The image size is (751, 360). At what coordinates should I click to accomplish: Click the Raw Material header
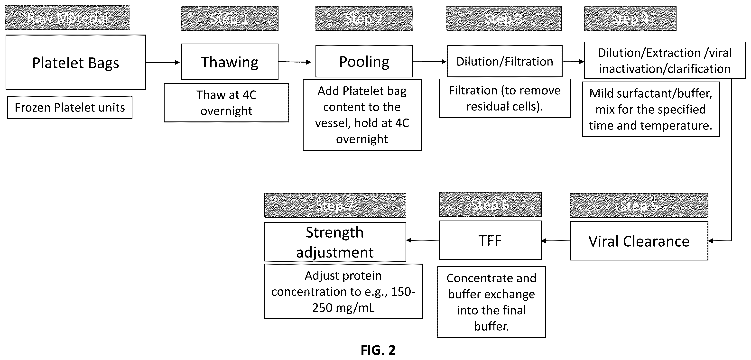click(x=68, y=18)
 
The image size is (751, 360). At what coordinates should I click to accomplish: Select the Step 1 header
click(x=230, y=18)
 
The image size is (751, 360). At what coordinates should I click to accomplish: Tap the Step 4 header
click(x=630, y=18)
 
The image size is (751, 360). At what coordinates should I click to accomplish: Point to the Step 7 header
click(x=335, y=205)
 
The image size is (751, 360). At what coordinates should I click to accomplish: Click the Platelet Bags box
click(x=75, y=62)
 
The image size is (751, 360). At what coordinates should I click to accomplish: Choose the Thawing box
click(x=230, y=62)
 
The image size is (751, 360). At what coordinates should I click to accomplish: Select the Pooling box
click(x=364, y=61)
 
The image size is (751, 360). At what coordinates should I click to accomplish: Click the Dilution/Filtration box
click(x=505, y=61)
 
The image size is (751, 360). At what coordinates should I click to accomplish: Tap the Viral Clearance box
click(x=639, y=241)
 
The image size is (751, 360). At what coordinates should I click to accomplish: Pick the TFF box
click(x=490, y=240)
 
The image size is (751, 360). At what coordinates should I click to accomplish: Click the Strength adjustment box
click(x=335, y=242)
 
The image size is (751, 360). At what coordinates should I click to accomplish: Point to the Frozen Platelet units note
click(x=70, y=107)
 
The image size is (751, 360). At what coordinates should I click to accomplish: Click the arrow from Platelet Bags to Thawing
click(x=163, y=62)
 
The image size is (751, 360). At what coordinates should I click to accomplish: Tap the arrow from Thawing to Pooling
click(x=295, y=62)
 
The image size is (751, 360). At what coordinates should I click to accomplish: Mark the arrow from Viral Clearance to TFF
click(x=556, y=241)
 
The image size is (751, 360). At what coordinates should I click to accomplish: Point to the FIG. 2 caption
click(x=378, y=350)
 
